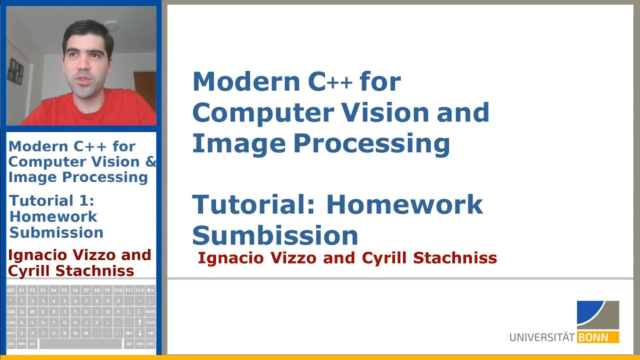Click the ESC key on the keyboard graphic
click(x=11, y=290)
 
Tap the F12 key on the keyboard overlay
click(x=139, y=290)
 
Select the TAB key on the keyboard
click(x=11, y=311)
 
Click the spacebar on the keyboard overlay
click(x=80, y=344)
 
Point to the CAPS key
click(x=11, y=322)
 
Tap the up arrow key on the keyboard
click(x=139, y=322)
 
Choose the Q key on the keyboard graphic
click(x=21, y=311)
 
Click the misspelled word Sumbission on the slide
click(x=275, y=235)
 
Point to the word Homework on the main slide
click(x=404, y=204)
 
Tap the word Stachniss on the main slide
click(x=454, y=258)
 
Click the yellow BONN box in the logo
click(x=598, y=337)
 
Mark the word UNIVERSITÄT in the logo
click(x=542, y=337)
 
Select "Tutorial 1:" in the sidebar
click(x=52, y=201)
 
